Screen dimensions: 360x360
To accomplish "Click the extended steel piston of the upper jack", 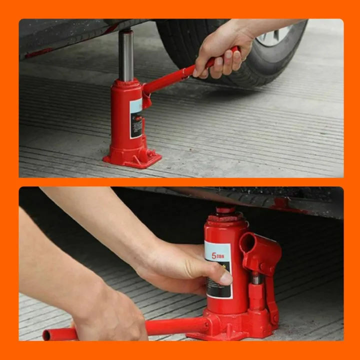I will pos(125,55).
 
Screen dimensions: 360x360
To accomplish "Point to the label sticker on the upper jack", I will pos(136,117).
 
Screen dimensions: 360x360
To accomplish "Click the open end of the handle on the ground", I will pos(46,334).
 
